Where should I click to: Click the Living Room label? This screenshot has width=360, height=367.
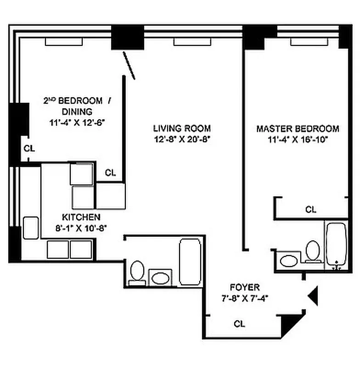coord(182,128)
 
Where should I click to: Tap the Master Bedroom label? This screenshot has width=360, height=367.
coord(298,129)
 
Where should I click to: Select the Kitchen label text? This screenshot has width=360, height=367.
coord(81,217)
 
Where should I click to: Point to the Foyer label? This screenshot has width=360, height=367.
coord(245,288)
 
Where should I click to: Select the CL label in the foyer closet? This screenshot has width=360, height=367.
coord(239,324)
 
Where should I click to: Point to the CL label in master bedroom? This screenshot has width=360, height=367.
coord(311,210)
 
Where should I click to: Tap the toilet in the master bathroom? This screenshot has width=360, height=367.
coord(313,251)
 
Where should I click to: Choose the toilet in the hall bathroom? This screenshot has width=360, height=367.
coord(137,272)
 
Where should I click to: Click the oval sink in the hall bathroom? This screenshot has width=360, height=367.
coord(160,278)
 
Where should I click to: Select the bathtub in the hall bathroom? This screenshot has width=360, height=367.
coord(189,261)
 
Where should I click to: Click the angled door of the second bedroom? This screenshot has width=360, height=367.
coord(129,65)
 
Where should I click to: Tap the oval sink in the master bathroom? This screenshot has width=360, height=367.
coord(289,261)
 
